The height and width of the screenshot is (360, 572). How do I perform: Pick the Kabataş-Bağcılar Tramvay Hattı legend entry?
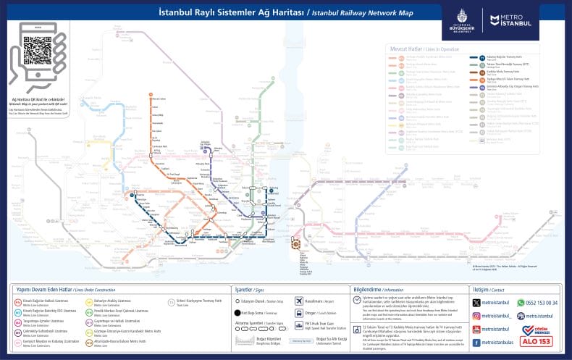pyautogui.click(x=506, y=57)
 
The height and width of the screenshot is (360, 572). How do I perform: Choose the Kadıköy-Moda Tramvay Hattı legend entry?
pyautogui.click(x=506, y=71)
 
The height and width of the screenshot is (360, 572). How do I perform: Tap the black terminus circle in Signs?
pyautogui.click(x=237, y=312)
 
